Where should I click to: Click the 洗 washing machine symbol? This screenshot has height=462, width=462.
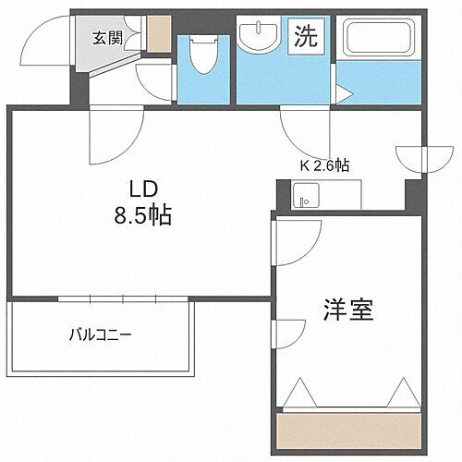pyautogui.click(x=307, y=37)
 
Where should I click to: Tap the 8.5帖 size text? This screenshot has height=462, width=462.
pyautogui.click(x=140, y=219)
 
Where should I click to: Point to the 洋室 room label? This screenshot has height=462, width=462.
pyautogui.click(x=347, y=310)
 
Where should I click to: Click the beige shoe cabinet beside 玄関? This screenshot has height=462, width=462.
pyautogui.click(x=159, y=33)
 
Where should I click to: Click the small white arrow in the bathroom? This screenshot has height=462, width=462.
pyautogui.click(x=343, y=91)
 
